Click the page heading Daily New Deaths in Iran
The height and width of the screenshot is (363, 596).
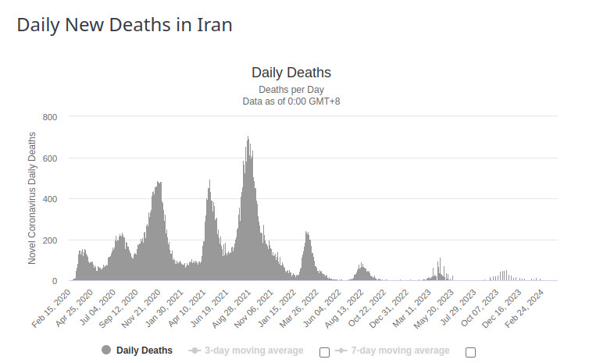(124, 24)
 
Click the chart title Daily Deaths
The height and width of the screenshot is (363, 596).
(291, 73)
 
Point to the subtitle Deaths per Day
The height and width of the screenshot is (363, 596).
(291, 89)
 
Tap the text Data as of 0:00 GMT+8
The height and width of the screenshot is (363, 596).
(291, 101)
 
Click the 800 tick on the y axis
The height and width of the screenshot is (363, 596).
(50, 117)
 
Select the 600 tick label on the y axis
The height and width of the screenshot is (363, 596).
(50, 158)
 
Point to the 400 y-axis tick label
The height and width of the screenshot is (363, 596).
(50, 199)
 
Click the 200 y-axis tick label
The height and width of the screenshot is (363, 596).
(50, 240)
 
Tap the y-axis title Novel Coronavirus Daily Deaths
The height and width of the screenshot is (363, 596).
(32, 198)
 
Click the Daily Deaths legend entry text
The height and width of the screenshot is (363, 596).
(145, 351)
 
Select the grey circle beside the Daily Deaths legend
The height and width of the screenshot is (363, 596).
(106, 351)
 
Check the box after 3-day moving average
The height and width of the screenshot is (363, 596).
(324, 352)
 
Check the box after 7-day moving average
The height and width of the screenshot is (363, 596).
(470, 352)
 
